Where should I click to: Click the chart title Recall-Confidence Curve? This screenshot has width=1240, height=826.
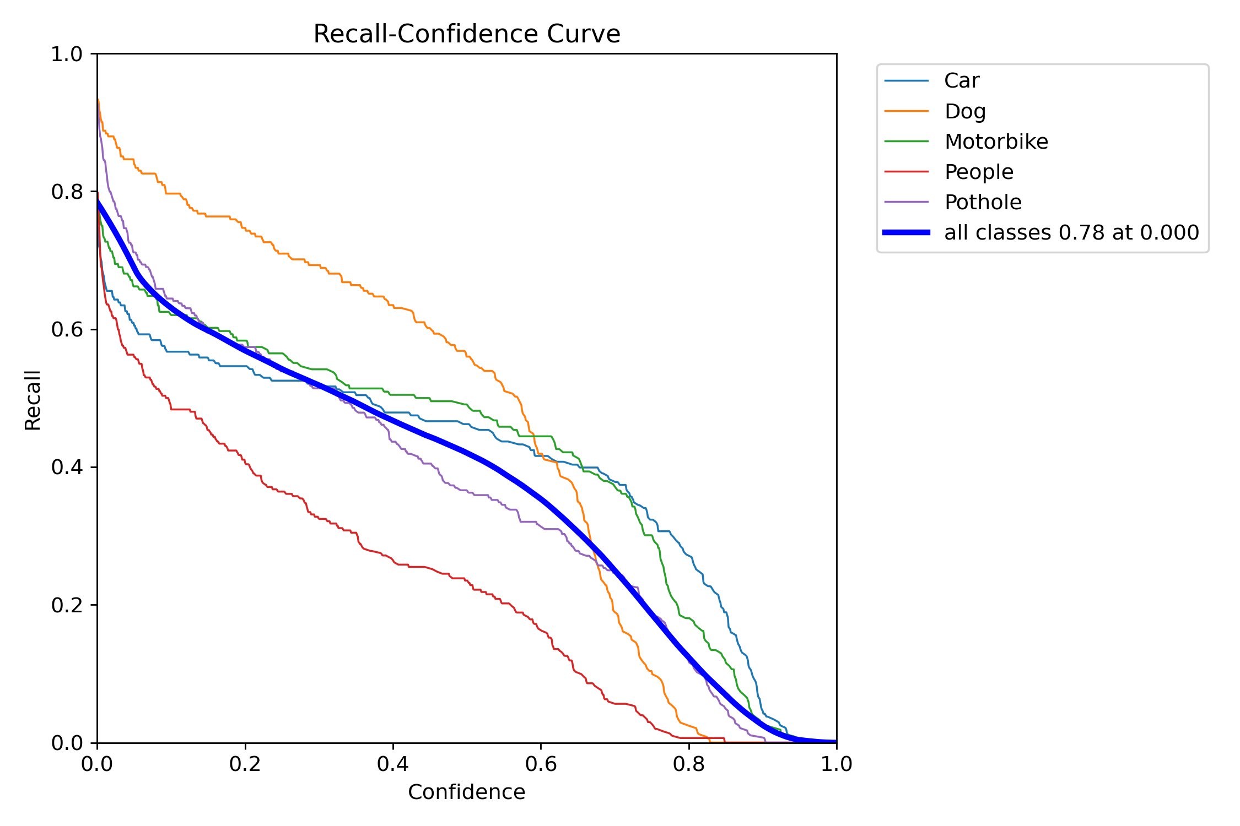pos(466,34)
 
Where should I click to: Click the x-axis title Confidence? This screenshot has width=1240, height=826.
pos(466,792)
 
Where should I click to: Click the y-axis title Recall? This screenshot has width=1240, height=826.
pos(33,400)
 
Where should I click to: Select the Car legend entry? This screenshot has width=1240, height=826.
pos(961,81)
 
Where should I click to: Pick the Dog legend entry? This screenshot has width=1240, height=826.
pos(964,111)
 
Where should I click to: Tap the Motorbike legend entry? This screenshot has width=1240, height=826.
pos(996,142)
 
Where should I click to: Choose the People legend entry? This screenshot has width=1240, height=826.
pos(979,172)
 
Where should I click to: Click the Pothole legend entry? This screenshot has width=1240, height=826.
pos(983,202)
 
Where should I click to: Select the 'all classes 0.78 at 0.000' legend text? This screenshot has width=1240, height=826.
pos(1071,232)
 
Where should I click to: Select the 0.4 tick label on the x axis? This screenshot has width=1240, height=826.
pos(393,764)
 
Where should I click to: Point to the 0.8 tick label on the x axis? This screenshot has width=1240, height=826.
pos(689,764)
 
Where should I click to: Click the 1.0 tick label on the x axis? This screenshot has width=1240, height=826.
pos(837,764)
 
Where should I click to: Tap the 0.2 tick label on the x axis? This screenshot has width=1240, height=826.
pos(245,764)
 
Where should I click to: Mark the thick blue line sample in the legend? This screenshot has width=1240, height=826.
pos(907,232)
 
